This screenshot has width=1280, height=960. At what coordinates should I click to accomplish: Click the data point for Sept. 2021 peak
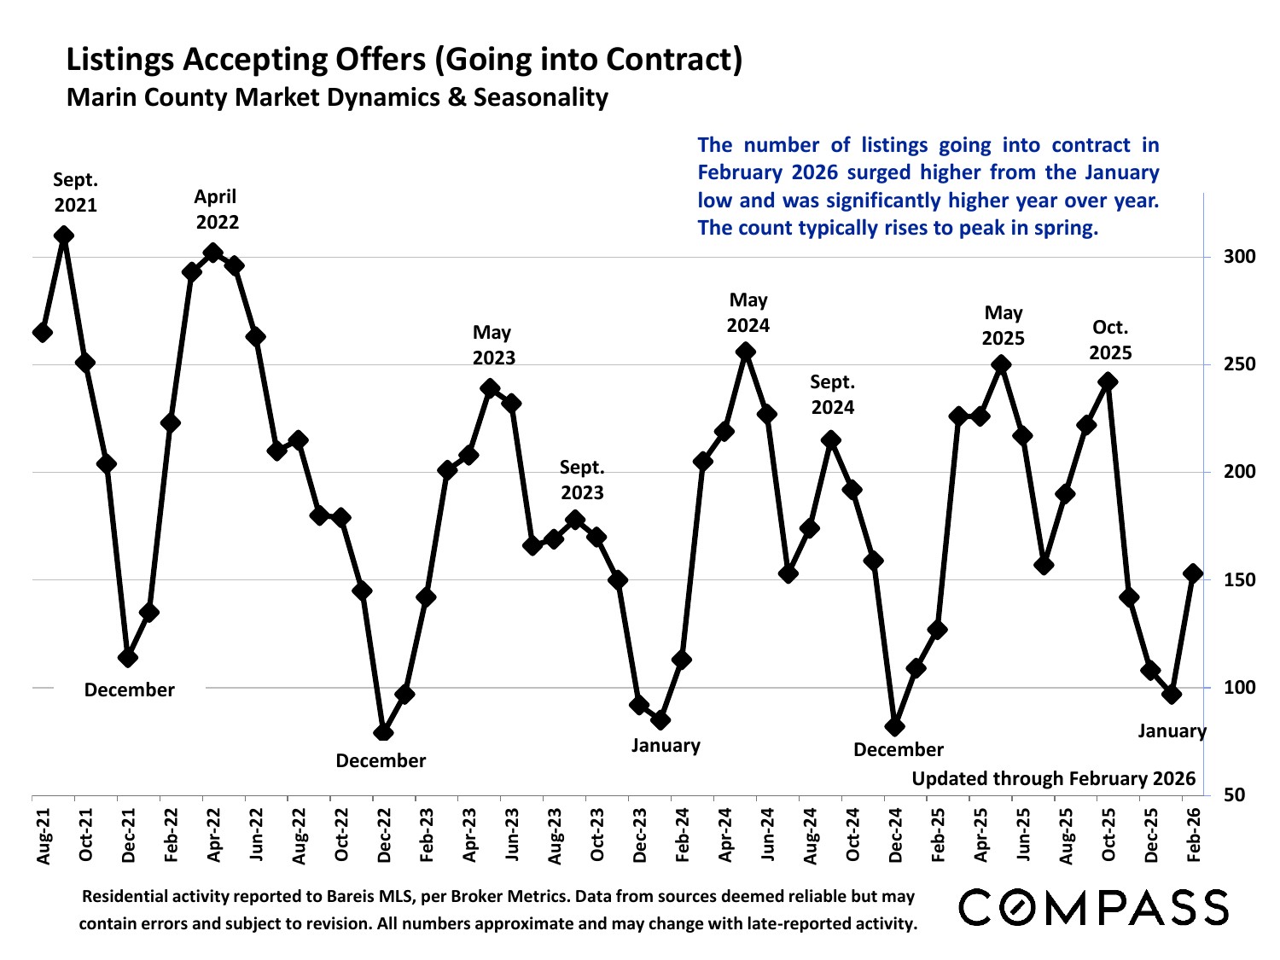63,236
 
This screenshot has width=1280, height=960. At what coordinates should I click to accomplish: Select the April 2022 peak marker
212,253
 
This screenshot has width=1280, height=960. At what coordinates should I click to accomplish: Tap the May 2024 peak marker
745,352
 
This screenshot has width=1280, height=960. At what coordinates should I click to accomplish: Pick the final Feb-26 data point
1193,573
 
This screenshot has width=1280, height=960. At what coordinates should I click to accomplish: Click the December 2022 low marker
383,732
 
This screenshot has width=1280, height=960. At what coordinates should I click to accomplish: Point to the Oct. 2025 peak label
1110,340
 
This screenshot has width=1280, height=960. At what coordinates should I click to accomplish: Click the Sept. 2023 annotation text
582,480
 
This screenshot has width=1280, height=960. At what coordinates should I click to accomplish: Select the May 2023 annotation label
493,345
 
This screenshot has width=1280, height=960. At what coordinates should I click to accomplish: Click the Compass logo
1094,906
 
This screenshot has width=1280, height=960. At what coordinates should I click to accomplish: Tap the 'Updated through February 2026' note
1053,778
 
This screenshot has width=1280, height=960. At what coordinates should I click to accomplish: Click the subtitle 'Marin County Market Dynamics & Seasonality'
337,97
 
